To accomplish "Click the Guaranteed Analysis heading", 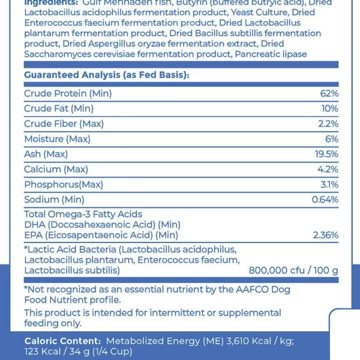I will tap(106, 75).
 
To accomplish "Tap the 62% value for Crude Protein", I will tap(329, 94).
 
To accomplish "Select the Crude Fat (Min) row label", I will tap(59, 109).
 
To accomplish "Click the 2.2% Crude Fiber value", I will tap(328, 124).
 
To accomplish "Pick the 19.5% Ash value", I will tap(326, 154).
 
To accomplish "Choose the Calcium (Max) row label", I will tap(56, 169).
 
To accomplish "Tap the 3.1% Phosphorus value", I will tap(329, 184).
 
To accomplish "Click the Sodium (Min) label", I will tap(54, 199).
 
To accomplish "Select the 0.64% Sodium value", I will tap(325, 199).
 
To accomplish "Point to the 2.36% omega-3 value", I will tap(326, 235).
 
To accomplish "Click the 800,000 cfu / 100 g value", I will tap(293, 271).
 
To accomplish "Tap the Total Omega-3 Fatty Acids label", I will tap(83, 214).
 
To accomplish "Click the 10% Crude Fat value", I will tap(330, 109).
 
